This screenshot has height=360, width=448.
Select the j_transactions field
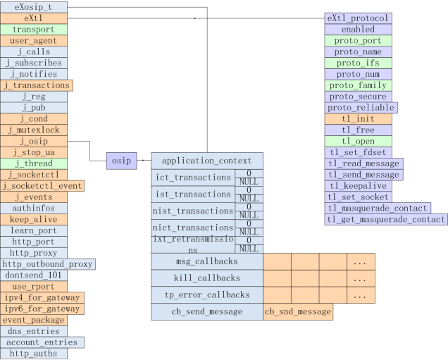click(37, 85)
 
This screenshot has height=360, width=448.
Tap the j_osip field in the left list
click(34, 141)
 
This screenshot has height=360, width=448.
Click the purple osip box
click(120, 161)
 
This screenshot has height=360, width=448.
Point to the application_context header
click(207, 161)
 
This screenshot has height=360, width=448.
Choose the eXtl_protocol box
click(358, 18)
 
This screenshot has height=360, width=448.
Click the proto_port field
click(358, 41)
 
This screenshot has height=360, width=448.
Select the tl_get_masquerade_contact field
click(386, 220)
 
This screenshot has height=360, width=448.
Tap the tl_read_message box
click(364, 163)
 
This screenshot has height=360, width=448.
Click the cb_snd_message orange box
click(297, 311)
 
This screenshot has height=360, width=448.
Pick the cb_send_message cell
click(207, 311)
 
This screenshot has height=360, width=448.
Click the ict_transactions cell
click(192, 178)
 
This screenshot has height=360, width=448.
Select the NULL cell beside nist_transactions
click(249, 215)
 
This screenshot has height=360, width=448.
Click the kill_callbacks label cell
click(207, 278)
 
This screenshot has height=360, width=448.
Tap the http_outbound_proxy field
click(47, 264)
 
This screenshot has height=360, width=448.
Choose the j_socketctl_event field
click(42, 186)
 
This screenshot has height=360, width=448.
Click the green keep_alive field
click(34, 220)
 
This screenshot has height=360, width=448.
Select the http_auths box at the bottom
click(34, 354)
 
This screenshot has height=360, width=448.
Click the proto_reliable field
click(361, 108)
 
